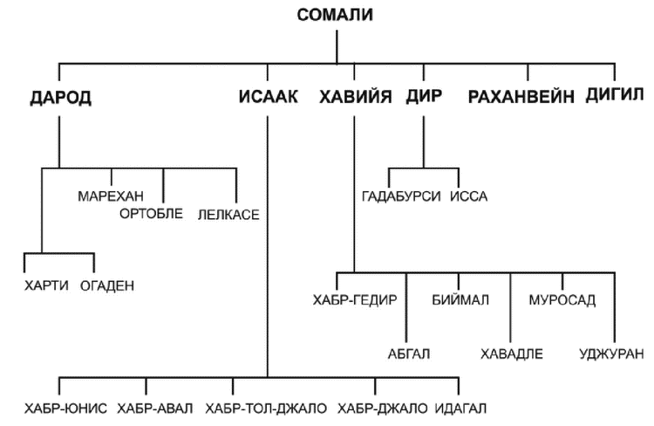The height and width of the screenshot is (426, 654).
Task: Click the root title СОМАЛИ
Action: click(335, 15)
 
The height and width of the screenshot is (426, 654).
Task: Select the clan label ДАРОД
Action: click(61, 98)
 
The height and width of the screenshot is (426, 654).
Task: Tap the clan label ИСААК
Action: click(269, 97)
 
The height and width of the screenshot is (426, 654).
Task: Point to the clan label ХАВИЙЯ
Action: click(356, 97)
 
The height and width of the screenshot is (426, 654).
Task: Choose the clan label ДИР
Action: click(424, 97)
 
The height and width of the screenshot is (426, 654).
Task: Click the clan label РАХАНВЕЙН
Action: click(521, 97)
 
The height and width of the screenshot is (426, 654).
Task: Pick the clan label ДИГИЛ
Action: click(615, 95)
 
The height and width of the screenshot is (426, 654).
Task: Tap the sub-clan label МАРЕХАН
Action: click(111, 196)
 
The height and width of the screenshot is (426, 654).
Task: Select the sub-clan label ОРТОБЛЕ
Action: click(152, 214)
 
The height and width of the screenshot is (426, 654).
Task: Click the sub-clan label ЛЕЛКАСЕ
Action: click(228, 215)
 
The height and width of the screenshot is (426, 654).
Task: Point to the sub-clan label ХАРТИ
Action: click(46, 285)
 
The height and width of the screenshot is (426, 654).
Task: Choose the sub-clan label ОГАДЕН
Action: click(107, 285)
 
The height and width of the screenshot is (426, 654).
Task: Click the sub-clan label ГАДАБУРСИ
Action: click(401, 196)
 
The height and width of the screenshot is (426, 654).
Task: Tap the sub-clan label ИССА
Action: click(469, 196)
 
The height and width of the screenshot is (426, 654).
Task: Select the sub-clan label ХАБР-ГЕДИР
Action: click(355, 300)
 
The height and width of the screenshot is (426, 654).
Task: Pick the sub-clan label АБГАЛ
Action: click(409, 354)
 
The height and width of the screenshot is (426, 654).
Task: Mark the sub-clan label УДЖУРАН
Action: click(611, 354)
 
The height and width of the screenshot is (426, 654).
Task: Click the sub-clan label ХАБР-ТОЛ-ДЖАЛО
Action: click(266, 409)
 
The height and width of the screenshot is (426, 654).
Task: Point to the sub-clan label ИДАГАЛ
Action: click(460, 409)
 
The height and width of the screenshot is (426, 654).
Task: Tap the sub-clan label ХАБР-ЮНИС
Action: click(65, 409)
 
